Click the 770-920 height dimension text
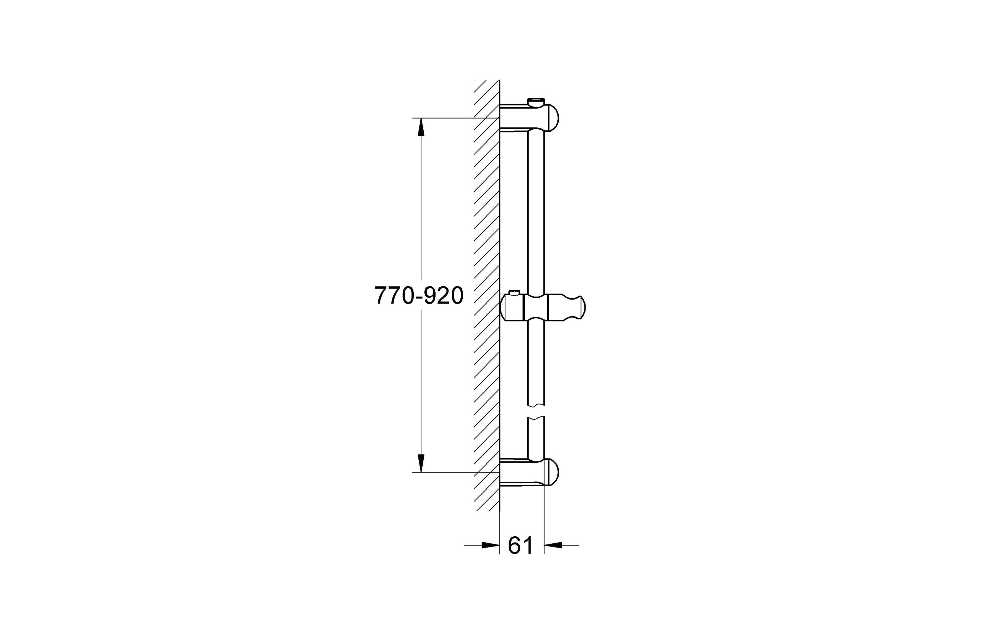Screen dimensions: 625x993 [419, 296]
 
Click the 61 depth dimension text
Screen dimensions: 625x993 [520, 545]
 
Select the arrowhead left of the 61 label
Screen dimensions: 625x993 [491, 545]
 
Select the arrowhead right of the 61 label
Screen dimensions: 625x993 [553, 545]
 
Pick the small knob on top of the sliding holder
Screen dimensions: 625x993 [513, 293]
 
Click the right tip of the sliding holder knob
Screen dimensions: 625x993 [583, 308]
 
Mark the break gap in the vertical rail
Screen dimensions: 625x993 [536, 411]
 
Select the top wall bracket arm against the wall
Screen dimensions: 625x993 [514, 118]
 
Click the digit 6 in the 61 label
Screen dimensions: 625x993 [515, 545]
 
